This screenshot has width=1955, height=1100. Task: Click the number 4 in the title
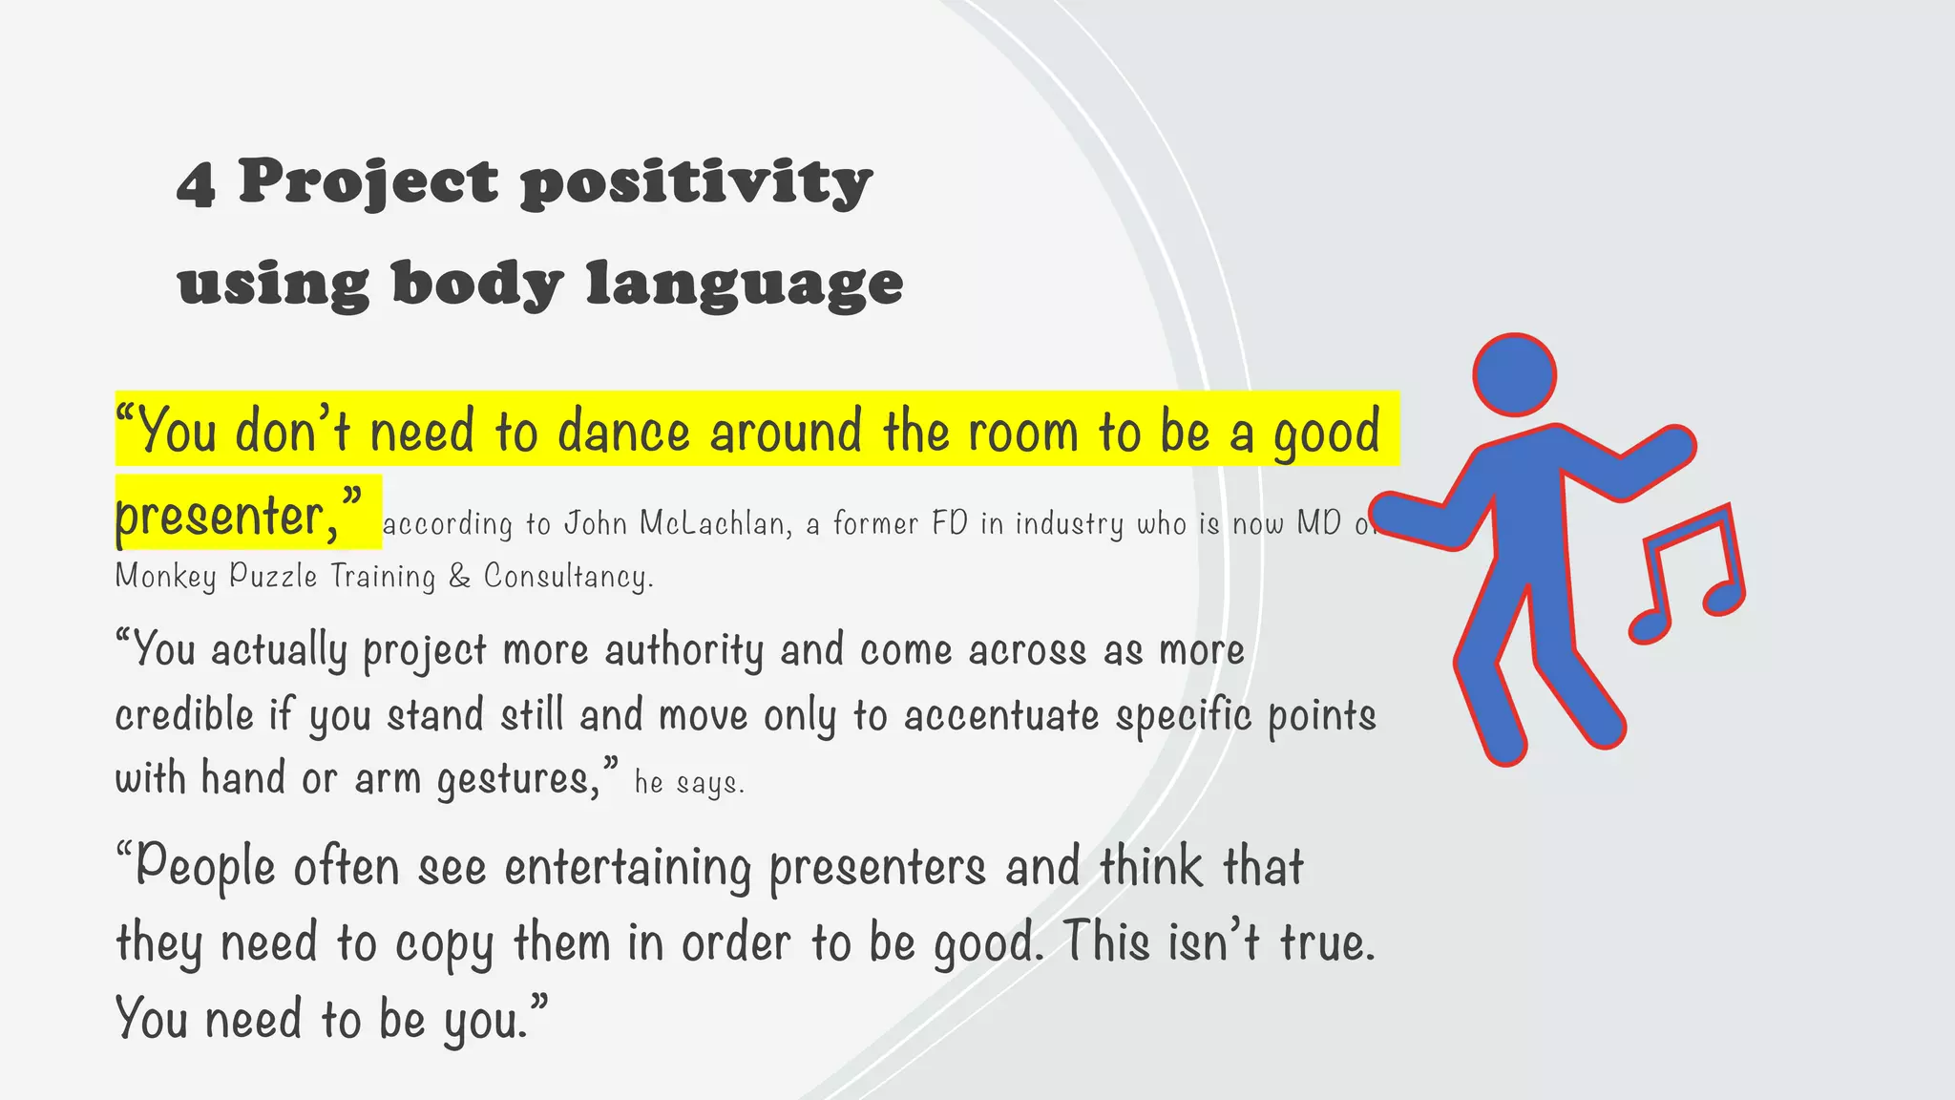click(196, 183)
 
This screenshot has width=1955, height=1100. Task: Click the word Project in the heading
click(368, 181)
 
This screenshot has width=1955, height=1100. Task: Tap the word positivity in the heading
click(696, 181)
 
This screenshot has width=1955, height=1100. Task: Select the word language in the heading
click(744, 285)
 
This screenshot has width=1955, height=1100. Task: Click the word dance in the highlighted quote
click(622, 432)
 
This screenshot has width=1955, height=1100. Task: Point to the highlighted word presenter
click(225, 517)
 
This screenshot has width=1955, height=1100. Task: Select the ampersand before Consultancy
click(459, 576)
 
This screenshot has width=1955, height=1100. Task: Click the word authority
click(683, 651)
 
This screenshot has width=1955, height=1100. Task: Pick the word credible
click(184, 715)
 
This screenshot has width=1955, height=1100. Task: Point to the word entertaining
click(627, 868)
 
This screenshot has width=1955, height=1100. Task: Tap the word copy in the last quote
click(444, 944)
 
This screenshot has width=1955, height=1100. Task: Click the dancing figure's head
click(1514, 374)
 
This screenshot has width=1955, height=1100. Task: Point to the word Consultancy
click(568, 576)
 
